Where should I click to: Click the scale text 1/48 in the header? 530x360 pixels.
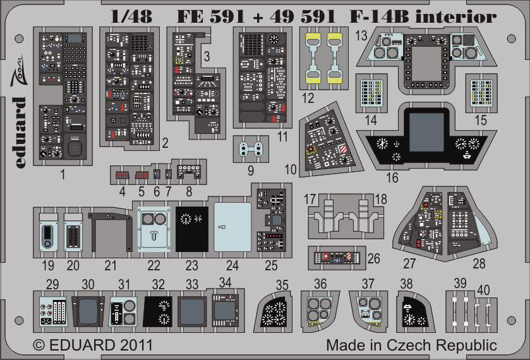tap(131, 16)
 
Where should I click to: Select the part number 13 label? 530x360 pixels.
tap(361, 35)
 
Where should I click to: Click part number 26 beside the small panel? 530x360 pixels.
tap(374, 258)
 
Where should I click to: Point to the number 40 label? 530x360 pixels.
tap(483, 290)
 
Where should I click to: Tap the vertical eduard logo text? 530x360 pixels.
tap(20, 133)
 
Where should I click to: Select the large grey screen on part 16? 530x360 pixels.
tap(426, 132)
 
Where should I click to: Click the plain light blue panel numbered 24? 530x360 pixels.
tap(232, 227)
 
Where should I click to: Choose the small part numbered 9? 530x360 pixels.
tap(251, 149)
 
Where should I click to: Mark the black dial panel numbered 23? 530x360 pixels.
tap(192, 229)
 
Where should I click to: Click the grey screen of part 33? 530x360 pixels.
tap(192, 311)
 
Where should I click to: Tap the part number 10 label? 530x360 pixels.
tap(291, 169)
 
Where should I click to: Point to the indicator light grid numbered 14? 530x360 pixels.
tap(371, 93)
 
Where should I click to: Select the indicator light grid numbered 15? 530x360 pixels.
tap(481, 93)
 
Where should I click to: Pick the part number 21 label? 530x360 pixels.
tap(111, 265)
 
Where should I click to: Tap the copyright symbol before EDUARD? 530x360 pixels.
tap(39, 345)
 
